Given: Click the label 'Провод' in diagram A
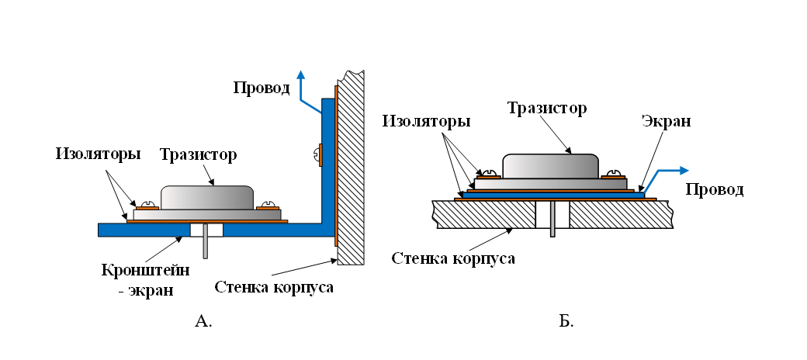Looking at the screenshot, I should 261,87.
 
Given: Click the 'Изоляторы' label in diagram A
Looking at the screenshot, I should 98,154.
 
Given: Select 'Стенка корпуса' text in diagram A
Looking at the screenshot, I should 273,289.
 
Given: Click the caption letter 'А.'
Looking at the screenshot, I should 203,320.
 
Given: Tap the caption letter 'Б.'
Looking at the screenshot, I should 566,320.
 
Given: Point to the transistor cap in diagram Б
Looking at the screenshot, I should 550,166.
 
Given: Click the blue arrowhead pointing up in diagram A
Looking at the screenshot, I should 301,74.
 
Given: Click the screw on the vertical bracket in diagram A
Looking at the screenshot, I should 319,154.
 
